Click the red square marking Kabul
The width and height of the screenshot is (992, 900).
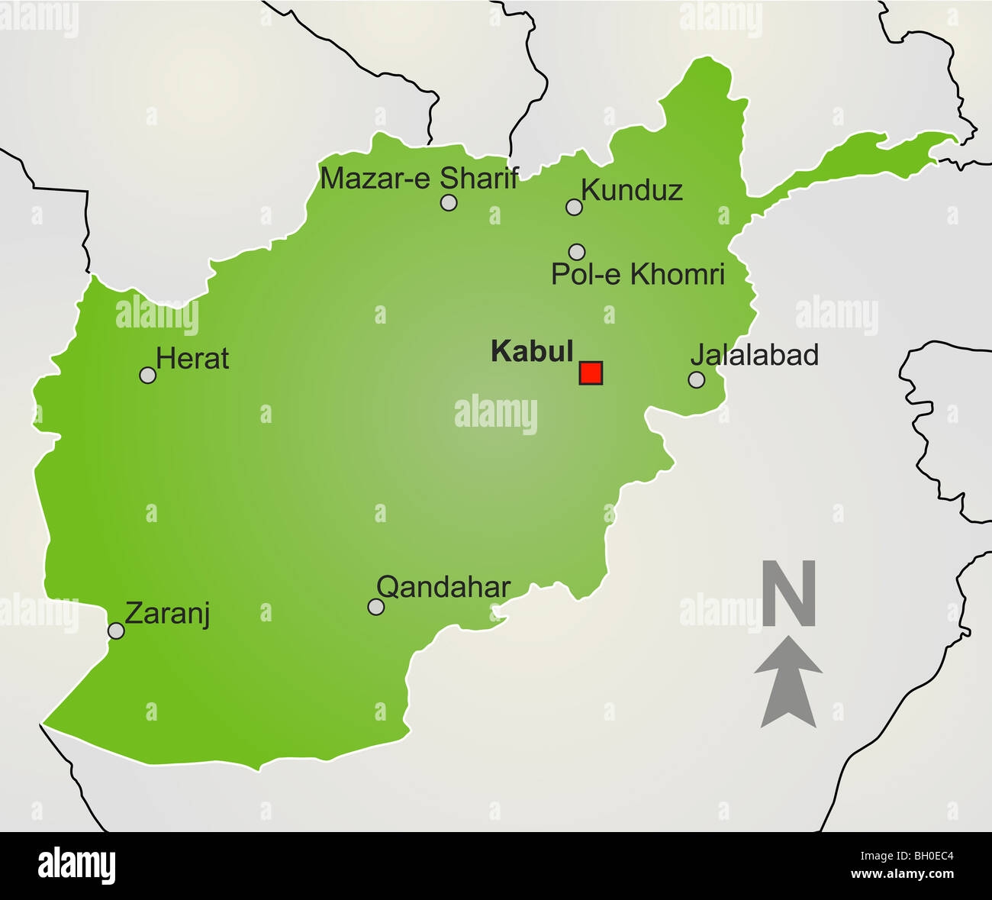(x=591, y=373)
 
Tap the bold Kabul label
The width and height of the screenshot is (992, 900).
(x=532, y=351)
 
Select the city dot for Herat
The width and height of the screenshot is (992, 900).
(x=148, y=375)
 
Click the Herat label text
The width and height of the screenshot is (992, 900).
(x=192, y=359)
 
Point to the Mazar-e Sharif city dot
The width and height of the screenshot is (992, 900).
(x=449, y=202)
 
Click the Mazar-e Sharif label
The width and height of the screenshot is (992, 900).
(x=419, y=179)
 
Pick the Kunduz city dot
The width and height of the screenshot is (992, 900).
(x=574, y=206)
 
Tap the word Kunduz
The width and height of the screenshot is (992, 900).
(x=632, y=190)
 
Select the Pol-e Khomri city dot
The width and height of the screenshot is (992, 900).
(x=577, y=251)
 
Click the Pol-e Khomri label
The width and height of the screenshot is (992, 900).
(x=637, y=275)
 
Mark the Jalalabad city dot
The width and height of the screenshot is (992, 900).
(x=696, y=379)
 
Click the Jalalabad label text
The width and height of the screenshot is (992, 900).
(x=754, y=355)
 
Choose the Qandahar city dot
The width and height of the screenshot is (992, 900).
(x=375, y=607)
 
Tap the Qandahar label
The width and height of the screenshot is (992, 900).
(x=443, y=587)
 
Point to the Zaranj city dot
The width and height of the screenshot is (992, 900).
(x=116, y=631)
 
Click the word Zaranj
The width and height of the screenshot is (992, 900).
(x=167, y=614)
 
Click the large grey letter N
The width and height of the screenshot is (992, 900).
(x=789, y=594)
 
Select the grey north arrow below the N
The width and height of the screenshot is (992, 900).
(x=788, y=682)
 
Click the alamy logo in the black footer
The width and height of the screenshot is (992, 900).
(x=77, y=866)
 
